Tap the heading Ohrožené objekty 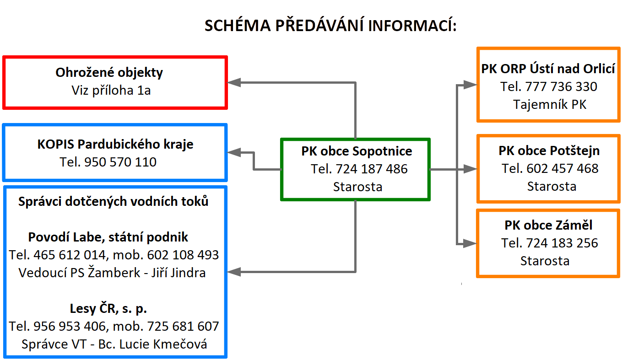[109, 73]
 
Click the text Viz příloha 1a [111, 91]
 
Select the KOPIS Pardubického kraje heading [115, 145]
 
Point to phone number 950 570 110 [120, 162]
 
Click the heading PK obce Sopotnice [357, 151]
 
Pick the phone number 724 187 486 [372, 169]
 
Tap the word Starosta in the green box [357, 187]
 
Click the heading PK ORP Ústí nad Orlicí [548, 69]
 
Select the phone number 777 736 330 [561, 86]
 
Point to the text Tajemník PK [550, 105]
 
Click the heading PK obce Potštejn [549, 150]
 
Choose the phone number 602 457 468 [563, 168]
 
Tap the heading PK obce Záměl [548, 225]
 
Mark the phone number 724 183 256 [562, 243]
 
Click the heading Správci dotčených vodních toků [114, 202]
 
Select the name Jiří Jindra [178, 273]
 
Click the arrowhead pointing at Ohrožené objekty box [234, 82]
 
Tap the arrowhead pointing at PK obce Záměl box [470, 243]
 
